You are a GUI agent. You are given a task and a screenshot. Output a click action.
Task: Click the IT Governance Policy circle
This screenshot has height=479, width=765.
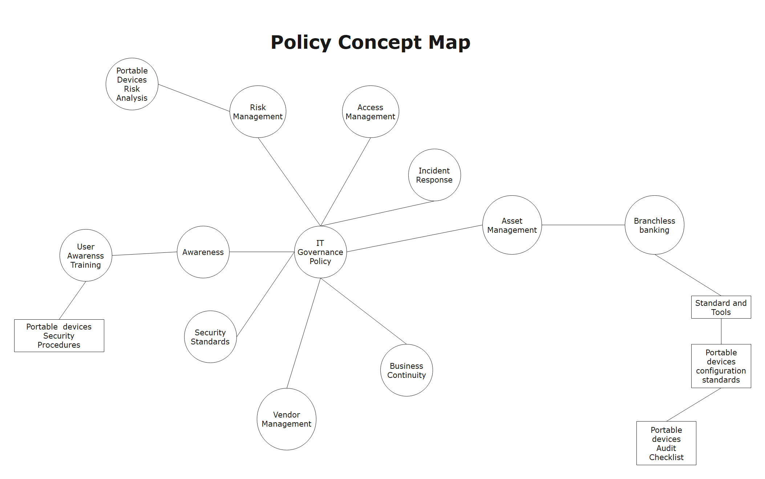tap(320, 252)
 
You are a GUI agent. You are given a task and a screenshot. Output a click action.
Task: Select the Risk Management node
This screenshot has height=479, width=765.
tap(258, 112)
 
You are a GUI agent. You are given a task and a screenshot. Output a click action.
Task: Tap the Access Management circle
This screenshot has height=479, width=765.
tap(371, 112)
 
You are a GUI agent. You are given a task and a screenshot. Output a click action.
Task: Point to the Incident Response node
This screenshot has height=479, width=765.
tap(434, 175)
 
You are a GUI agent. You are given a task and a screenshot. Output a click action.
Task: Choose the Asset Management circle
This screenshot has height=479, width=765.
tap(512, 225)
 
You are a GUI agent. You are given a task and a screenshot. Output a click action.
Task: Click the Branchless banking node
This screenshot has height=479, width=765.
tap(655, 225)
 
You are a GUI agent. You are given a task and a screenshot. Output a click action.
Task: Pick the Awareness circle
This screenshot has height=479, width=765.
tap(203, 252)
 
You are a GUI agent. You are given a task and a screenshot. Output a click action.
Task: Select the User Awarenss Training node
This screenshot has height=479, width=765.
tap(86, 255)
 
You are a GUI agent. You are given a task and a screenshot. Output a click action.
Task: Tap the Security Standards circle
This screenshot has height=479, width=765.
tap(210, 337)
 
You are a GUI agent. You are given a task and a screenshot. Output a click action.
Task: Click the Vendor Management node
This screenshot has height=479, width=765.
tap(287, 419)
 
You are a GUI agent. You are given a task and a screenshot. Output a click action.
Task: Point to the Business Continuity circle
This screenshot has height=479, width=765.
tap(406, 370)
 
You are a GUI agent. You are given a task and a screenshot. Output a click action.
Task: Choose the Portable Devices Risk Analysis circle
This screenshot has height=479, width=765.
tap(132, 84)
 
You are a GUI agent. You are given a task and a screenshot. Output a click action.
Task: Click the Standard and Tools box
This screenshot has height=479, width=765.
tap(721, 307)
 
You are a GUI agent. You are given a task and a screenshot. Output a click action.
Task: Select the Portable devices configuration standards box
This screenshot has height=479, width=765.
tap(721, 366)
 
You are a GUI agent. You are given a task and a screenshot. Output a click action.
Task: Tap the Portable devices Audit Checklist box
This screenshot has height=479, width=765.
tap(666, 443)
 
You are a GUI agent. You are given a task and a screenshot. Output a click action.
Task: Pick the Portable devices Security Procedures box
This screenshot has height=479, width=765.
tap(59, 336)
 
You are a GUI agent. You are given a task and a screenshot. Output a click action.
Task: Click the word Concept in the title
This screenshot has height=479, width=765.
tap(380, 42)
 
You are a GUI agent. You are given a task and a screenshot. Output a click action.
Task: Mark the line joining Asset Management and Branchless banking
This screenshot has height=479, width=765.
tap(583, 225)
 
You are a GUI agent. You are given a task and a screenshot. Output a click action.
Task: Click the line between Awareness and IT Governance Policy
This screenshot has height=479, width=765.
tap(262, 252)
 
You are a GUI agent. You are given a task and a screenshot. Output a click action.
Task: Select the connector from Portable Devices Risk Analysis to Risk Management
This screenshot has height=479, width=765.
tap(194, 98)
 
